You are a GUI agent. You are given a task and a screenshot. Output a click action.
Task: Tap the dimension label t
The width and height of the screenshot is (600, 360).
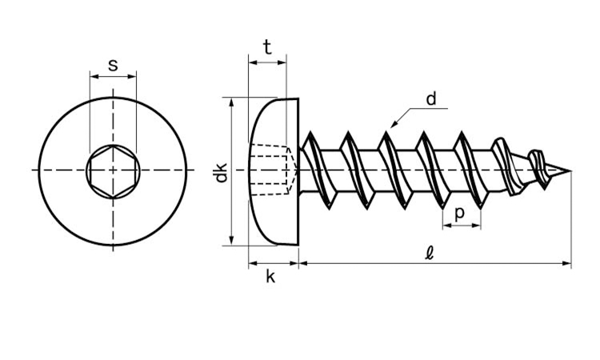click(267, 46)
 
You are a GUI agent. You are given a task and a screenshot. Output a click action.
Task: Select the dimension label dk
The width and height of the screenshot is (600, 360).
click(222, 172)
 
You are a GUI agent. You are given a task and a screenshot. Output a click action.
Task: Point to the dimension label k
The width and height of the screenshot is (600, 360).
click(270, 277)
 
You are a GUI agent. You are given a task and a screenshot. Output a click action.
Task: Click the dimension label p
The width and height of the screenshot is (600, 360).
click(459, 214)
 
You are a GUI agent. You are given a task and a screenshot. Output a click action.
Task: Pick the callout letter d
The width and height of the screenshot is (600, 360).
click(431, 99)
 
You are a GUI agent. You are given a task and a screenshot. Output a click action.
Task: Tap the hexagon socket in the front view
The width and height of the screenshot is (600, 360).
click(113, 170)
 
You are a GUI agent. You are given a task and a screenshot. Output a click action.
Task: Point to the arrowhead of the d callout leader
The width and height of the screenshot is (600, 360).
click(394, 124)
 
